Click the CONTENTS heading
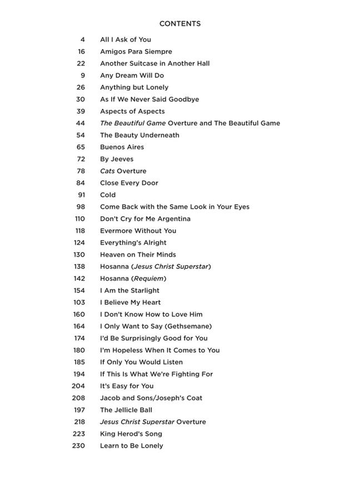[x=179, y=24]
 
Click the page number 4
[x=83, y=39]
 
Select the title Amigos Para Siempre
[x=136, y=52]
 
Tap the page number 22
[x=81, y=63]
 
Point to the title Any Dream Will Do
[x=132, y=76]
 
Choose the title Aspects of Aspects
[x=132, y=111]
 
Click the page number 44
[x=81, y=123]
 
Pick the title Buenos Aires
[x=122, y=147]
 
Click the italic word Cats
[x=107, y=171]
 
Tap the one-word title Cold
[x=108, y=195]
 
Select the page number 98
[x=81, y=207]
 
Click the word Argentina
[x=171, y=219]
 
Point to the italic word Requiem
[x=148, y=278]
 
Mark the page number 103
[x=79, y=302]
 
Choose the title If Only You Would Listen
[x=141, y=362]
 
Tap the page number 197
[x=79, y=410]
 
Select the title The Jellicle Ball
[x=126, y=410]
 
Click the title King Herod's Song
[x=131, y=434]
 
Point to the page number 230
[x=78, y=446]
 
